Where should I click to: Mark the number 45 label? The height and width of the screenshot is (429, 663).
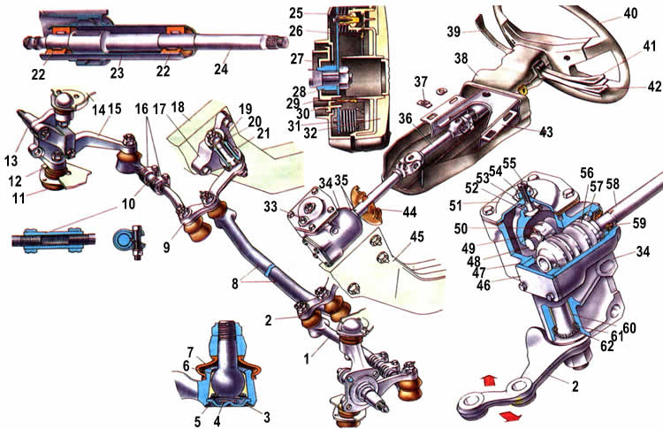pos(415,236)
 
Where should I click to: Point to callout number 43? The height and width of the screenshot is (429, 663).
pos(547,131)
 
